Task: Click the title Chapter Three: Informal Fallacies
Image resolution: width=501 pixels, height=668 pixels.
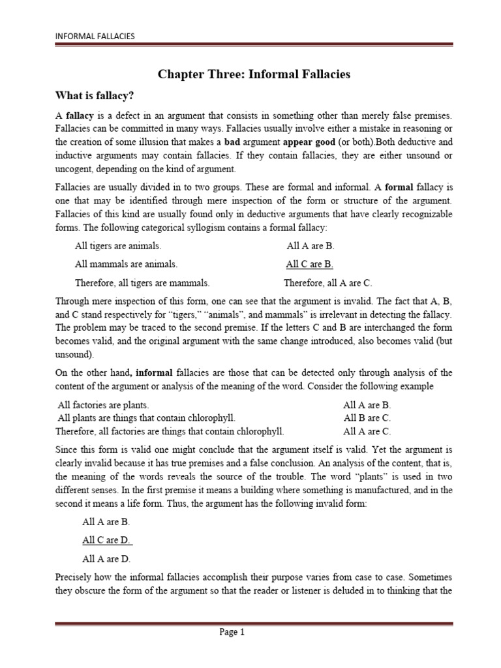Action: pyautogui.click(x=254, y=74)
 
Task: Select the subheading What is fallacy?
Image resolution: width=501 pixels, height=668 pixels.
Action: pyautogui.click(x=95, y=96)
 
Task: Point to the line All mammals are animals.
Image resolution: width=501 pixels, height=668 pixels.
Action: pyautogui.click(x=126, y=264)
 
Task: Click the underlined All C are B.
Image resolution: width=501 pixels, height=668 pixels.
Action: pyautogui.click(x=310, y=264)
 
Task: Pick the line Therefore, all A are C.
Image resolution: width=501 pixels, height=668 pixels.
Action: pyautogui.click(x=327, y=282)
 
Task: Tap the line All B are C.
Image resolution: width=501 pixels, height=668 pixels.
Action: pyautogui.click(x=367, y=417)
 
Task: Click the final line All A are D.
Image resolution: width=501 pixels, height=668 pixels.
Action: pyautogui.click(x=106, y=540)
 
